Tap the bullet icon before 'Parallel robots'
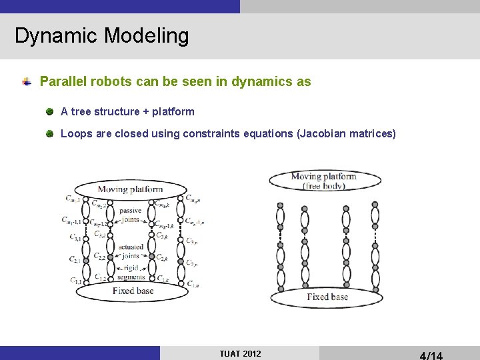(x=26, y=82)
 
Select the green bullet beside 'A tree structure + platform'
(x=50, y=111)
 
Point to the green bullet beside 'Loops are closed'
(x=50, y=133)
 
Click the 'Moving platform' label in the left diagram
(x=130, y=189)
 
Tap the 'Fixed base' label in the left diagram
(x=133, y=291)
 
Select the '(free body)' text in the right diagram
(x=324, y=186)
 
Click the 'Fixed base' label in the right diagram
(x=327, y=297)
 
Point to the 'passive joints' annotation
(x=131, y=215)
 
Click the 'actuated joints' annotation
(x=131, y=251)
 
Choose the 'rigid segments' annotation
(x=131, y=272)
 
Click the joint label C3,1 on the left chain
(x=75, y=237)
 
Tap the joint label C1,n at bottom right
(x=192, y=284)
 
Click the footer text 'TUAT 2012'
(x=240, y=353)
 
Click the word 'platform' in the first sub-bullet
(x=173, y=111)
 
